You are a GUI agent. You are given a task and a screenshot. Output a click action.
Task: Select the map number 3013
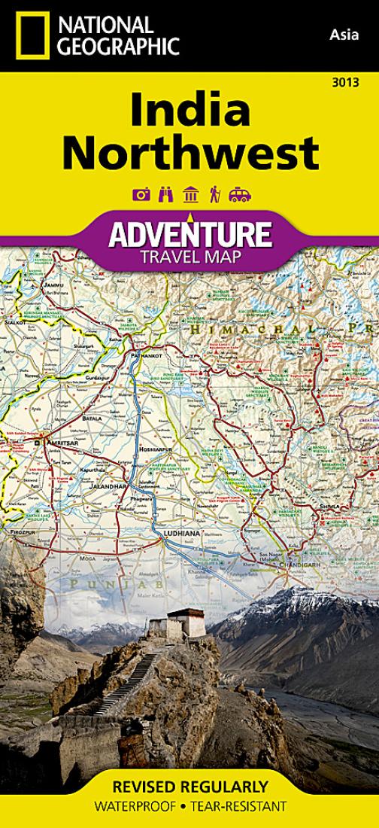348,82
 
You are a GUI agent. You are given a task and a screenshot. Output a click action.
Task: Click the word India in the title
189,110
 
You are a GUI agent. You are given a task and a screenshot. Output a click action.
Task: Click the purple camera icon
141,195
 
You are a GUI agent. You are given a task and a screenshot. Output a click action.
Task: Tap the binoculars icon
165,195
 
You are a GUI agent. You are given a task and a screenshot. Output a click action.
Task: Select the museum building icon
190,195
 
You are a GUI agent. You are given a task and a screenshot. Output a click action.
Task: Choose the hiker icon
214,195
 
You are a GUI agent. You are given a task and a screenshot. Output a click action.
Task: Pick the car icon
240,195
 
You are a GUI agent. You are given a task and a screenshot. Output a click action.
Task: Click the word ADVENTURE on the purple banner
189,235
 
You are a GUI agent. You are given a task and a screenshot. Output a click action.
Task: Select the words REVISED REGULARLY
189,787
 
